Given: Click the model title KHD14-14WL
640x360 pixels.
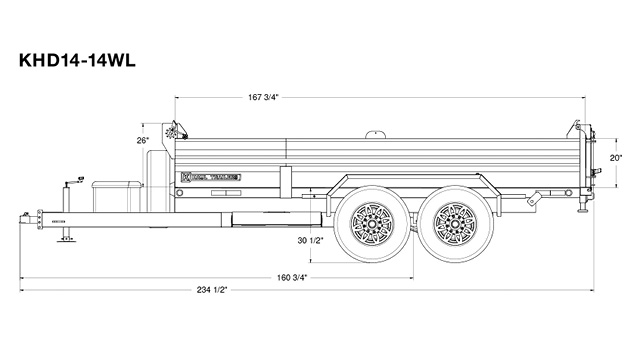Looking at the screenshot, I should click(x=76, y=59).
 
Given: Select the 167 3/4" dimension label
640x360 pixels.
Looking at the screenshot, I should click(x=263, y=97).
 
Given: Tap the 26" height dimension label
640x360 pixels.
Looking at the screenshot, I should click(x=143, y=140).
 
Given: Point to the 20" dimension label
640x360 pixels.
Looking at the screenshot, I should click(x=616, y=158).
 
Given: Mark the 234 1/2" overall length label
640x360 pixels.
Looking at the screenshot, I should click(x=214, y=289).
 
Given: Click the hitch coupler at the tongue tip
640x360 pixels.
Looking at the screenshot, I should click(x=24, y=217).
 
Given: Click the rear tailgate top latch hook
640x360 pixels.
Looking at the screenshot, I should click(x=578, y=127).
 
